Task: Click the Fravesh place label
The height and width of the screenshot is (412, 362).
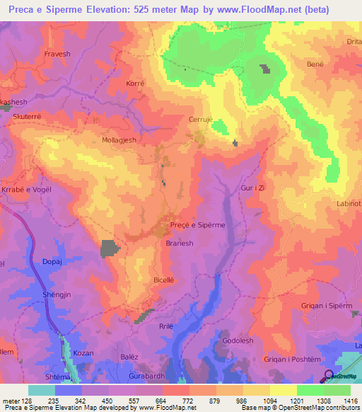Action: point(57,53)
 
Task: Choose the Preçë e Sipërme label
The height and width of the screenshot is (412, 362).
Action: point(198,225)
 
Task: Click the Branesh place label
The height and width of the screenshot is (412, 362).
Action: point(180,242)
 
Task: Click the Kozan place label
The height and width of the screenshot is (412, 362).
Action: point(83,352)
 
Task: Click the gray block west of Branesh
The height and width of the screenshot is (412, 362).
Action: point(110,248)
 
